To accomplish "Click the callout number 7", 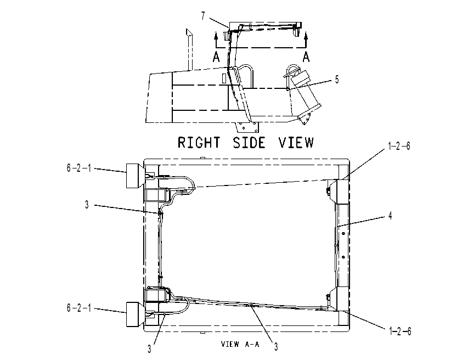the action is point(203,16).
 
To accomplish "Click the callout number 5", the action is point(337,80).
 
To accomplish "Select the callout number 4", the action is point(390,216).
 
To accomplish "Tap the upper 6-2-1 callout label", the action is point(78,168).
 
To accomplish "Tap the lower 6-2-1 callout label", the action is point(78,308).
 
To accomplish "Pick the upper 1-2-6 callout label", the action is point(399,146).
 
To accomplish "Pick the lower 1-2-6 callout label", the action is point(400,331).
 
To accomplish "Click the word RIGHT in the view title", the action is point(199,142).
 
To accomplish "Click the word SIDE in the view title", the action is point(249,142).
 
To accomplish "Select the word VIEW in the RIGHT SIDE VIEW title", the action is point(296,142).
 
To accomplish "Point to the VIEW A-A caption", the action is point(240,344).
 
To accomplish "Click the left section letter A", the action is point(216,57).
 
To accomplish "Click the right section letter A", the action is point(306,57).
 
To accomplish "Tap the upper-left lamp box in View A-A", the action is point(135,176).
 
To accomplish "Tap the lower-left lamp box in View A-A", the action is point(135,314).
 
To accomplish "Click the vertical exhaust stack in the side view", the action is point(189,49).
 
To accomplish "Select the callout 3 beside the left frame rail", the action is point(87,205).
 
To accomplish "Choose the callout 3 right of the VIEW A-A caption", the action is point(276,347).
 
